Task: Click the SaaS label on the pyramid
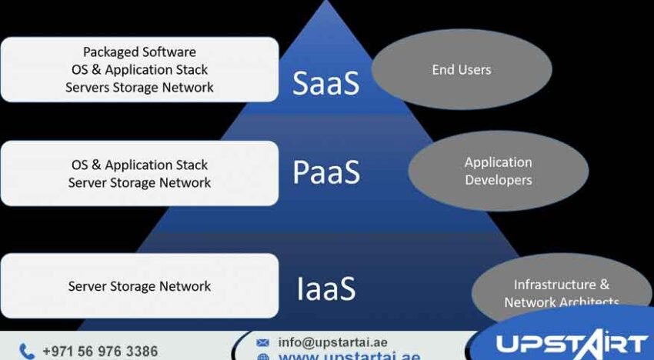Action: (325, 84)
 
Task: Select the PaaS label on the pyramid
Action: (325, 173)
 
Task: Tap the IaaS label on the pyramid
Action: (325, 288)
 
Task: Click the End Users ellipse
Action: (462, 70)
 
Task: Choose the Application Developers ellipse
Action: (498, 172)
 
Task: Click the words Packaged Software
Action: (139, 52)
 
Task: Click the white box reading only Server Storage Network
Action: (139, 286)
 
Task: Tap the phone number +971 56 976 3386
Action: (100, 352)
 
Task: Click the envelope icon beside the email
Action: (263, 342)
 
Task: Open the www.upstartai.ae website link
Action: (349, 356)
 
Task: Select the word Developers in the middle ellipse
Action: (498, 180)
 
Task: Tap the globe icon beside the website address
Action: (263, 357)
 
